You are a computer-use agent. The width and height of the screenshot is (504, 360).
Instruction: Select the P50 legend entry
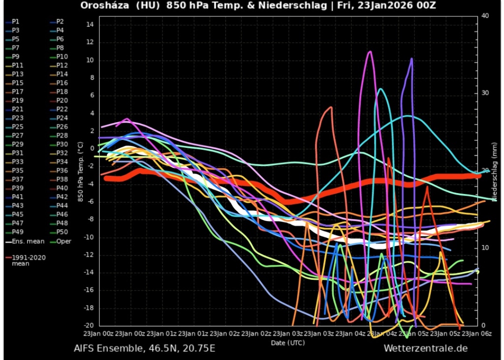click(x=62, y=232)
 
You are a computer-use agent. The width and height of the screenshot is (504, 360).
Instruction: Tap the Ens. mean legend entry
click(x=28, y=241)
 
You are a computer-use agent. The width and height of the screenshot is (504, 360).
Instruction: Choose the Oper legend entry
click(x=63, y=241)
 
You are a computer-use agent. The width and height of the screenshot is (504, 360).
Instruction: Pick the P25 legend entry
click(x=17, y=127)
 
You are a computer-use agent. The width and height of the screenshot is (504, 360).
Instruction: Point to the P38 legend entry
click(x=62, y=179)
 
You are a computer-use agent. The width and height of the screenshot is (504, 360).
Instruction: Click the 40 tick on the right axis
click(x=484, y=16)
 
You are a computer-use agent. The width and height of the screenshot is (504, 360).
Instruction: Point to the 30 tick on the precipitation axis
click(x=484, y=93)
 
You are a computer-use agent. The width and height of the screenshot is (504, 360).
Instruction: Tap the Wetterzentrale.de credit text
click(x=426, y=349)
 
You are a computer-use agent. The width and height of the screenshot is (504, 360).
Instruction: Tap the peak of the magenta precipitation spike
click(x=370, y=51)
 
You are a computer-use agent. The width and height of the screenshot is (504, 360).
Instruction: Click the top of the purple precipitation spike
click(x=411, y=59)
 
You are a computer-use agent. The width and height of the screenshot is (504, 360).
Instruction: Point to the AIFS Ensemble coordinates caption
click(x=144, y=349)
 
